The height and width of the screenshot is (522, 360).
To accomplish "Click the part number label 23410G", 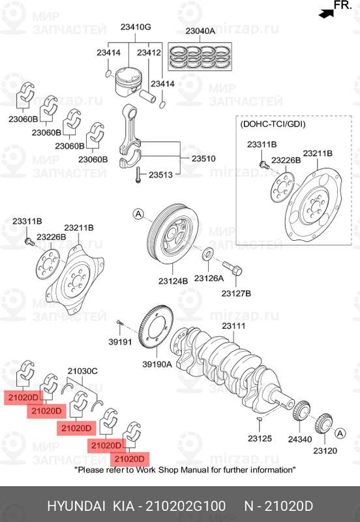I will tap(136, 27).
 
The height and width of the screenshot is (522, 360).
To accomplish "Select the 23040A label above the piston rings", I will tap(201, 31).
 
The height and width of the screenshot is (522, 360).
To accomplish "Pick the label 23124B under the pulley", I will tap(172, 281).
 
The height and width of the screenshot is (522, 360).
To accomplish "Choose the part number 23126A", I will tap(209, 278).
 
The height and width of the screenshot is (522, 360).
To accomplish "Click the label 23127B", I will tap(236, 294).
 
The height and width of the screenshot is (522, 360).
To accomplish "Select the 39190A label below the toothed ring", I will tap(157, 365).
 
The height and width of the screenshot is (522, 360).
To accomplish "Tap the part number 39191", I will tap(120, 342).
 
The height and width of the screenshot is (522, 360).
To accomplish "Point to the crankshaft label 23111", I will tap(233, 326).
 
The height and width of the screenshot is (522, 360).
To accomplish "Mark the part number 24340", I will tap(301, 440).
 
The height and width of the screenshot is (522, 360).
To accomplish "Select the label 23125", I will tap(259, 439).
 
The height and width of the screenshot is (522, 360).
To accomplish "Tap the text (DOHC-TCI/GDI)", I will tap(273, 123).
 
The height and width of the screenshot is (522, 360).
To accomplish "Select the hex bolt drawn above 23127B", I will tap(233, 268).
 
